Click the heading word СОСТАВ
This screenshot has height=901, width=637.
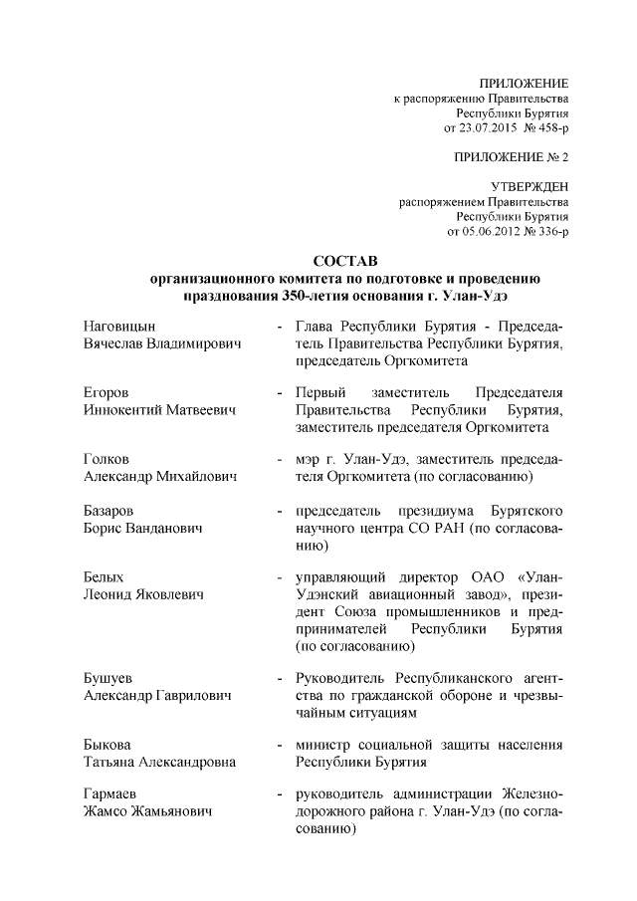tap(343, 261)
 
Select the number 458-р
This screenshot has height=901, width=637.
tap(550, 128)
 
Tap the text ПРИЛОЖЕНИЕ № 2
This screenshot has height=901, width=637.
tap(511, 157)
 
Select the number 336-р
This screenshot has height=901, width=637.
tap(550, 232)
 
